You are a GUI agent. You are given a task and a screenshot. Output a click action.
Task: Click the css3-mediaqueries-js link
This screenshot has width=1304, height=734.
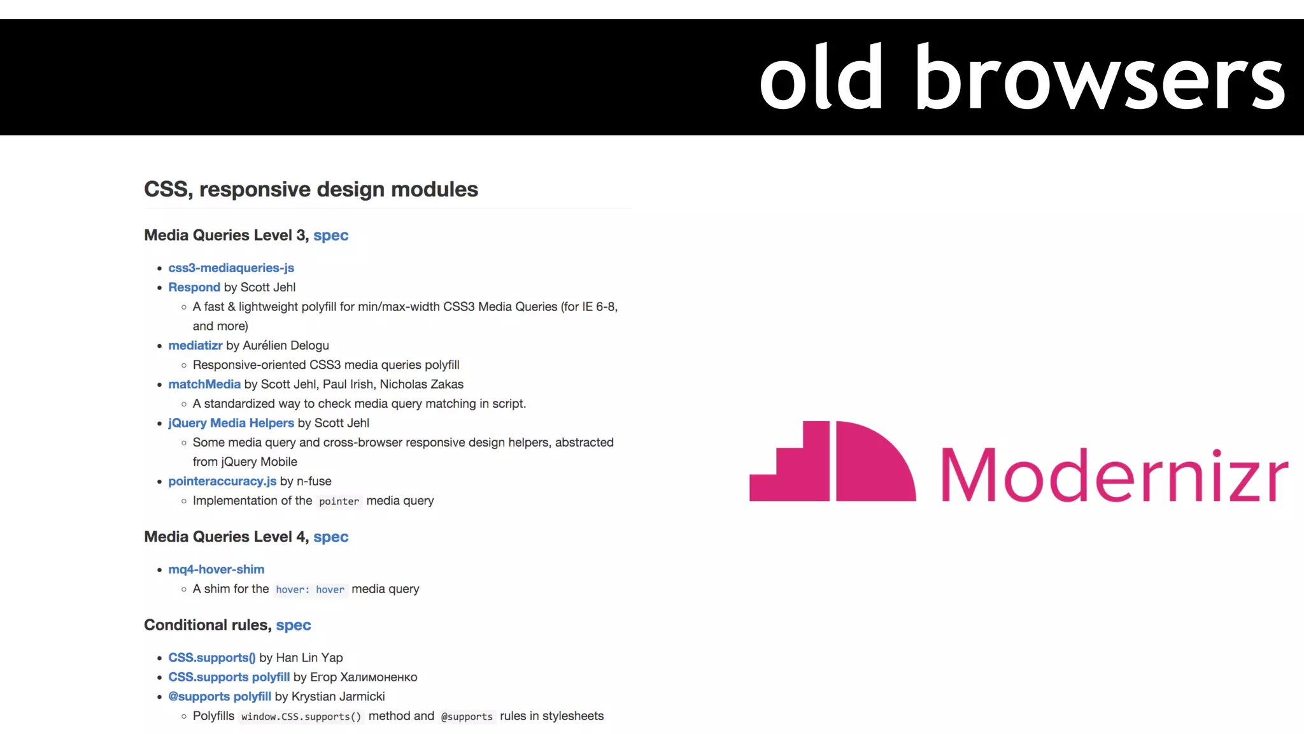[231, 268]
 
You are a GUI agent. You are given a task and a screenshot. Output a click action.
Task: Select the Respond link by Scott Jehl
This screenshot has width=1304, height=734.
[194, 287]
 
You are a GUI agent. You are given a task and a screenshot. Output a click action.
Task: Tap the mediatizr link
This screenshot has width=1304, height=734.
[195, 345]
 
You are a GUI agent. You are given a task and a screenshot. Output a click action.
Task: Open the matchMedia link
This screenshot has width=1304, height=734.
[204, 384]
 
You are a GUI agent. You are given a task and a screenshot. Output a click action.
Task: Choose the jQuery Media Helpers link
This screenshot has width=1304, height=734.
[231, 423]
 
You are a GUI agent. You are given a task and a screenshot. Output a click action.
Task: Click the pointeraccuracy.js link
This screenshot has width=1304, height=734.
[222, 481]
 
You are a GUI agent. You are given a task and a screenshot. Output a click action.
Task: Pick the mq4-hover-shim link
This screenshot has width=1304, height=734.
[216, 570]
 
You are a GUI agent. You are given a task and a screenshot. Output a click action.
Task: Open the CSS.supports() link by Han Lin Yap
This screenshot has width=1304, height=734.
[212, 658]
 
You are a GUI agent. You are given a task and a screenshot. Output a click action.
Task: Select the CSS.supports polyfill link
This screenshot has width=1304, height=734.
[229, 677]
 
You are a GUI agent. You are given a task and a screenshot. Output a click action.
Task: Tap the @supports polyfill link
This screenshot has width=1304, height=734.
[220, 696]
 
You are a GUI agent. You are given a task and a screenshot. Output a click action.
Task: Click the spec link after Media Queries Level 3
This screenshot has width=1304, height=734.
[331, 235]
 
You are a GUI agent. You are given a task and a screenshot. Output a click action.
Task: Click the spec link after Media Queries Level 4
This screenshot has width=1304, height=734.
[331, 536]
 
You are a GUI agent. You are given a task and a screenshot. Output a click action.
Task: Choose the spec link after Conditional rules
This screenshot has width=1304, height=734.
[294, 625]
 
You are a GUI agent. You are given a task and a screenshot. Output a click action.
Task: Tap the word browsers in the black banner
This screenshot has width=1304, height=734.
[1100, 78]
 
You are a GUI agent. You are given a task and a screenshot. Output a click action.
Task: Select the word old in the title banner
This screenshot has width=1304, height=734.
[822, 78]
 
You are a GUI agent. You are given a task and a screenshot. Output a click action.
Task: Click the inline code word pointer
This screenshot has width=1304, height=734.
[339, 501]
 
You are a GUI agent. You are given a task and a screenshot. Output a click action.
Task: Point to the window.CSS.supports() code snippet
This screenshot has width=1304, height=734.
[301, 717]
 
